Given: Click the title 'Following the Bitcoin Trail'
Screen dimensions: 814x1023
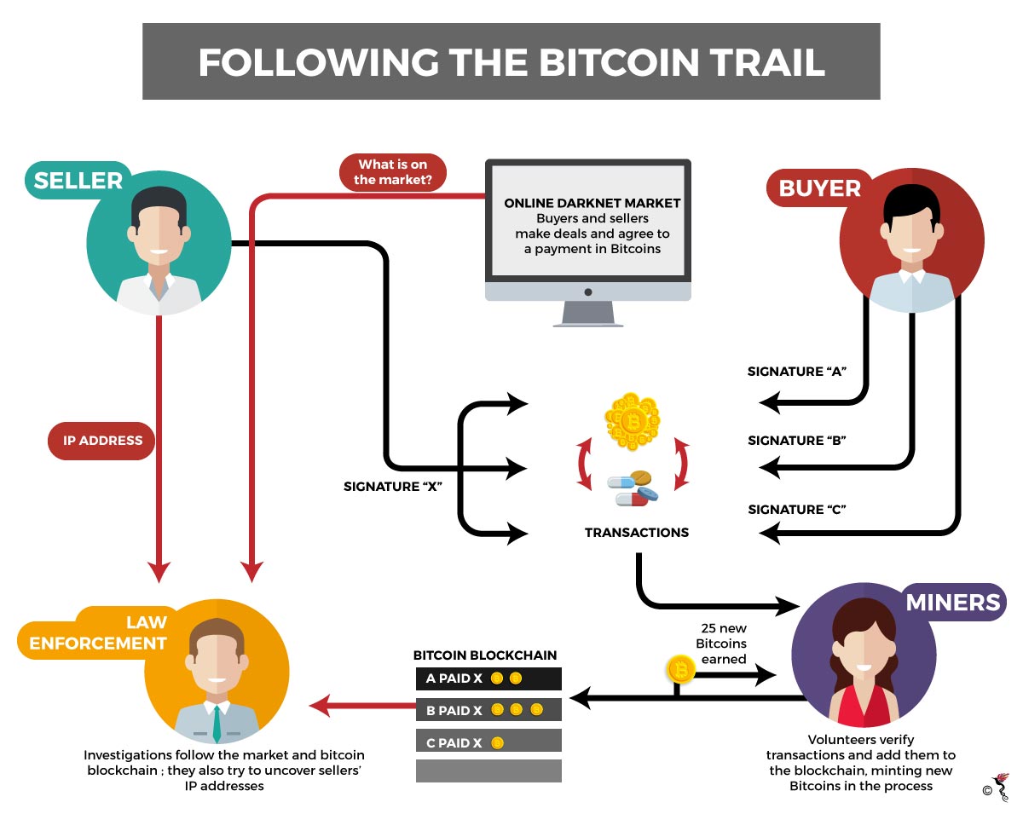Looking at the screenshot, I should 511,61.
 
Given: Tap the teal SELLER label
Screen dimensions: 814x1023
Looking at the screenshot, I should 78,181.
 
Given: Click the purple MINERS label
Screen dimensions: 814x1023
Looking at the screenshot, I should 952,602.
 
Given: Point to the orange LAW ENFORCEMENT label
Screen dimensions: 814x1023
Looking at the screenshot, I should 98,632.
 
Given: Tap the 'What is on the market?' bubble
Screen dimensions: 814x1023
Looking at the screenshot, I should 391,171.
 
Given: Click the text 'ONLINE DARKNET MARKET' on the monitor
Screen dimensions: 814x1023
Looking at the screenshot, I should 592,203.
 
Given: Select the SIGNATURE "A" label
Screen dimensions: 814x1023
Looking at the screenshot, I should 796,372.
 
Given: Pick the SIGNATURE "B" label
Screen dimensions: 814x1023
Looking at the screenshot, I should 796,441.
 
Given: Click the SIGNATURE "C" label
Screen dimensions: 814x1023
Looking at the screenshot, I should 796,510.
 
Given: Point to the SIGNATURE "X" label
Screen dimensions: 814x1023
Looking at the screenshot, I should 392,487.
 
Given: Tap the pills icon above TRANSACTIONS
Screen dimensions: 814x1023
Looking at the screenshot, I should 633,489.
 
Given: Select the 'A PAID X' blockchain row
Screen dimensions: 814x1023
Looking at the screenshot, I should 488,678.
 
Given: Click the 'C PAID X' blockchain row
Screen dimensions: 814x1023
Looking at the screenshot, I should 488,742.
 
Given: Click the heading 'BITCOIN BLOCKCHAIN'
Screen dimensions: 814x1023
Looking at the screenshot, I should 484,655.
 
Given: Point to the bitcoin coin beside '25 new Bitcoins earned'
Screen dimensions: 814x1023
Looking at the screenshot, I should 679,671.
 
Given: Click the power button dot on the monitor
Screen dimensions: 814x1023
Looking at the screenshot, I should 587,292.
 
